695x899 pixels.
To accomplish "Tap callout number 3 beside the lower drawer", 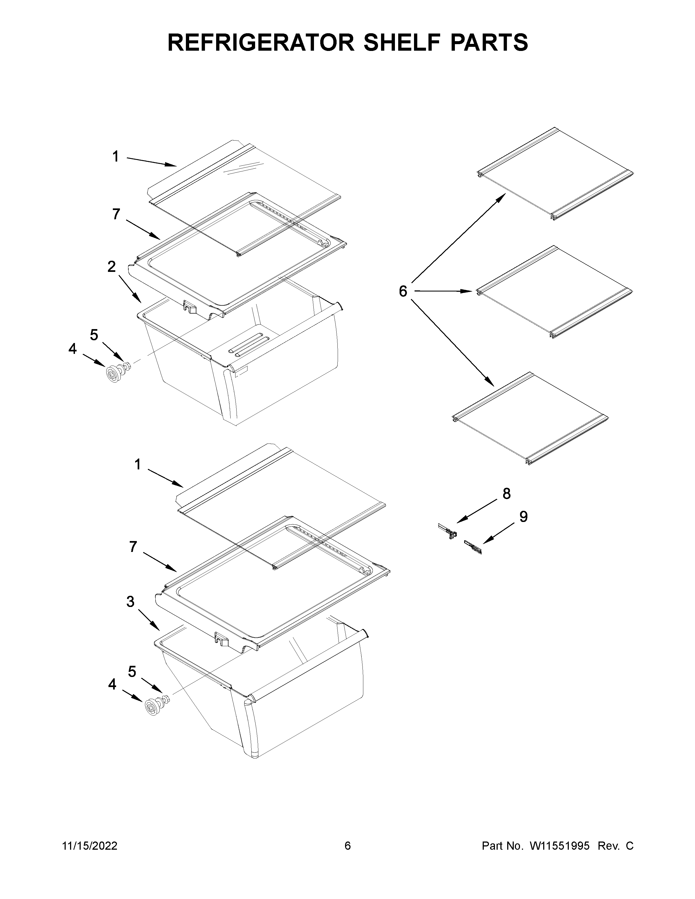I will [x=130, y=602].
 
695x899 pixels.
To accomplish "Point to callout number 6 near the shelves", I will [x=403, y=291].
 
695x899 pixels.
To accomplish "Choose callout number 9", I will [x=523, y=516].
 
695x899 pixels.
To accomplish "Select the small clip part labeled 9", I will [x=473, y=548].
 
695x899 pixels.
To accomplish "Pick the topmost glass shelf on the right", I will [x=555, y=174].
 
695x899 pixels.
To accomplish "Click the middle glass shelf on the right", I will [x=554, y=291].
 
